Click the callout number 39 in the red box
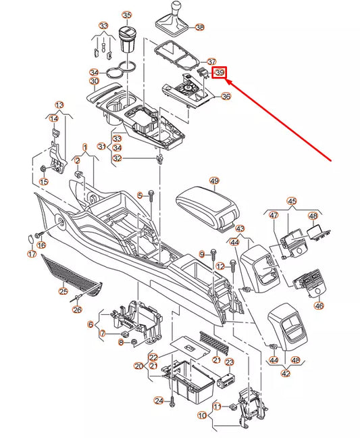(x=220, y=72)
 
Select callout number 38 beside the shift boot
(x=200, y=27)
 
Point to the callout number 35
(x=127, y=15)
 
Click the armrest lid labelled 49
(x=208, y=207)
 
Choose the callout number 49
(x=214, y=181)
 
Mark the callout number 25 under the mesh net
(x=63, y=291)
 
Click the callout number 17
(x=32, y=254)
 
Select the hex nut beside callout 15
(x=43, y=169)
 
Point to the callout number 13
(x=59, y=105)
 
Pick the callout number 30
(x=94, y=81)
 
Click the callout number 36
(x=226, y=97)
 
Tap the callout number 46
(x=319, y=306)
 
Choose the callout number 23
(x=230, y=362)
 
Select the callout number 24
(x=159, y=401)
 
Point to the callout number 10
(x=202, y=416)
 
